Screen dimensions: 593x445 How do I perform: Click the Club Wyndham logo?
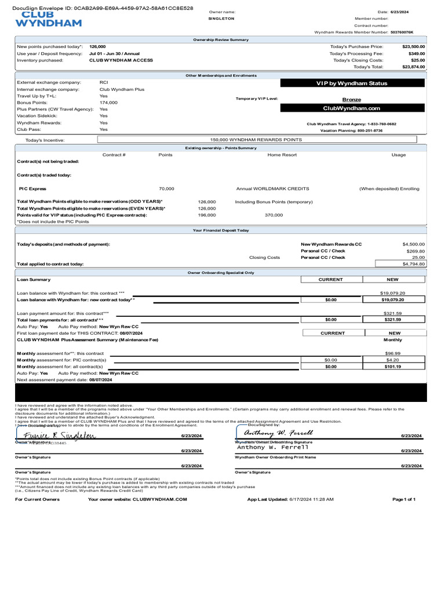coord(48,20)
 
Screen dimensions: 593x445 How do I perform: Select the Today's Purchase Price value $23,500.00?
coord(413,46)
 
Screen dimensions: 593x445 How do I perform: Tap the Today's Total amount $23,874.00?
coord(413,67)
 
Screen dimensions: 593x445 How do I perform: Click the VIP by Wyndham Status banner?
coord(352,83)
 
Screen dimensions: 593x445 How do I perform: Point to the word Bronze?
coord(352,100)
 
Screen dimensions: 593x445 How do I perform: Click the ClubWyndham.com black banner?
coord(352,108)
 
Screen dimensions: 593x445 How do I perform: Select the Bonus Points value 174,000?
coord(108,103)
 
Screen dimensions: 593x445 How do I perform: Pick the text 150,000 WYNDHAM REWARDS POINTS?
coord(256,140)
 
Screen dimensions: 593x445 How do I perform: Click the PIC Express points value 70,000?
coord(166,189)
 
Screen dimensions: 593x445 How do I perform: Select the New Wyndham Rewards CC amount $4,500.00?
coord(413,244)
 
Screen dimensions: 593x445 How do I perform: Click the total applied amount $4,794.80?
coord(413,263)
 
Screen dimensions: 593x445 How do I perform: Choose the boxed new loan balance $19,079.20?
coord(392,300)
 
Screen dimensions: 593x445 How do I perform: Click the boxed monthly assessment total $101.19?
coord(392,367)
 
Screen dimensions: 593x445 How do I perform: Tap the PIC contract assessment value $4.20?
coord(392,360)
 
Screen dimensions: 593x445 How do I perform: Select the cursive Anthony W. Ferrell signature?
coord(278,433)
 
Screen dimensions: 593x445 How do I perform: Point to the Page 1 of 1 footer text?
coord(404,499)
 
